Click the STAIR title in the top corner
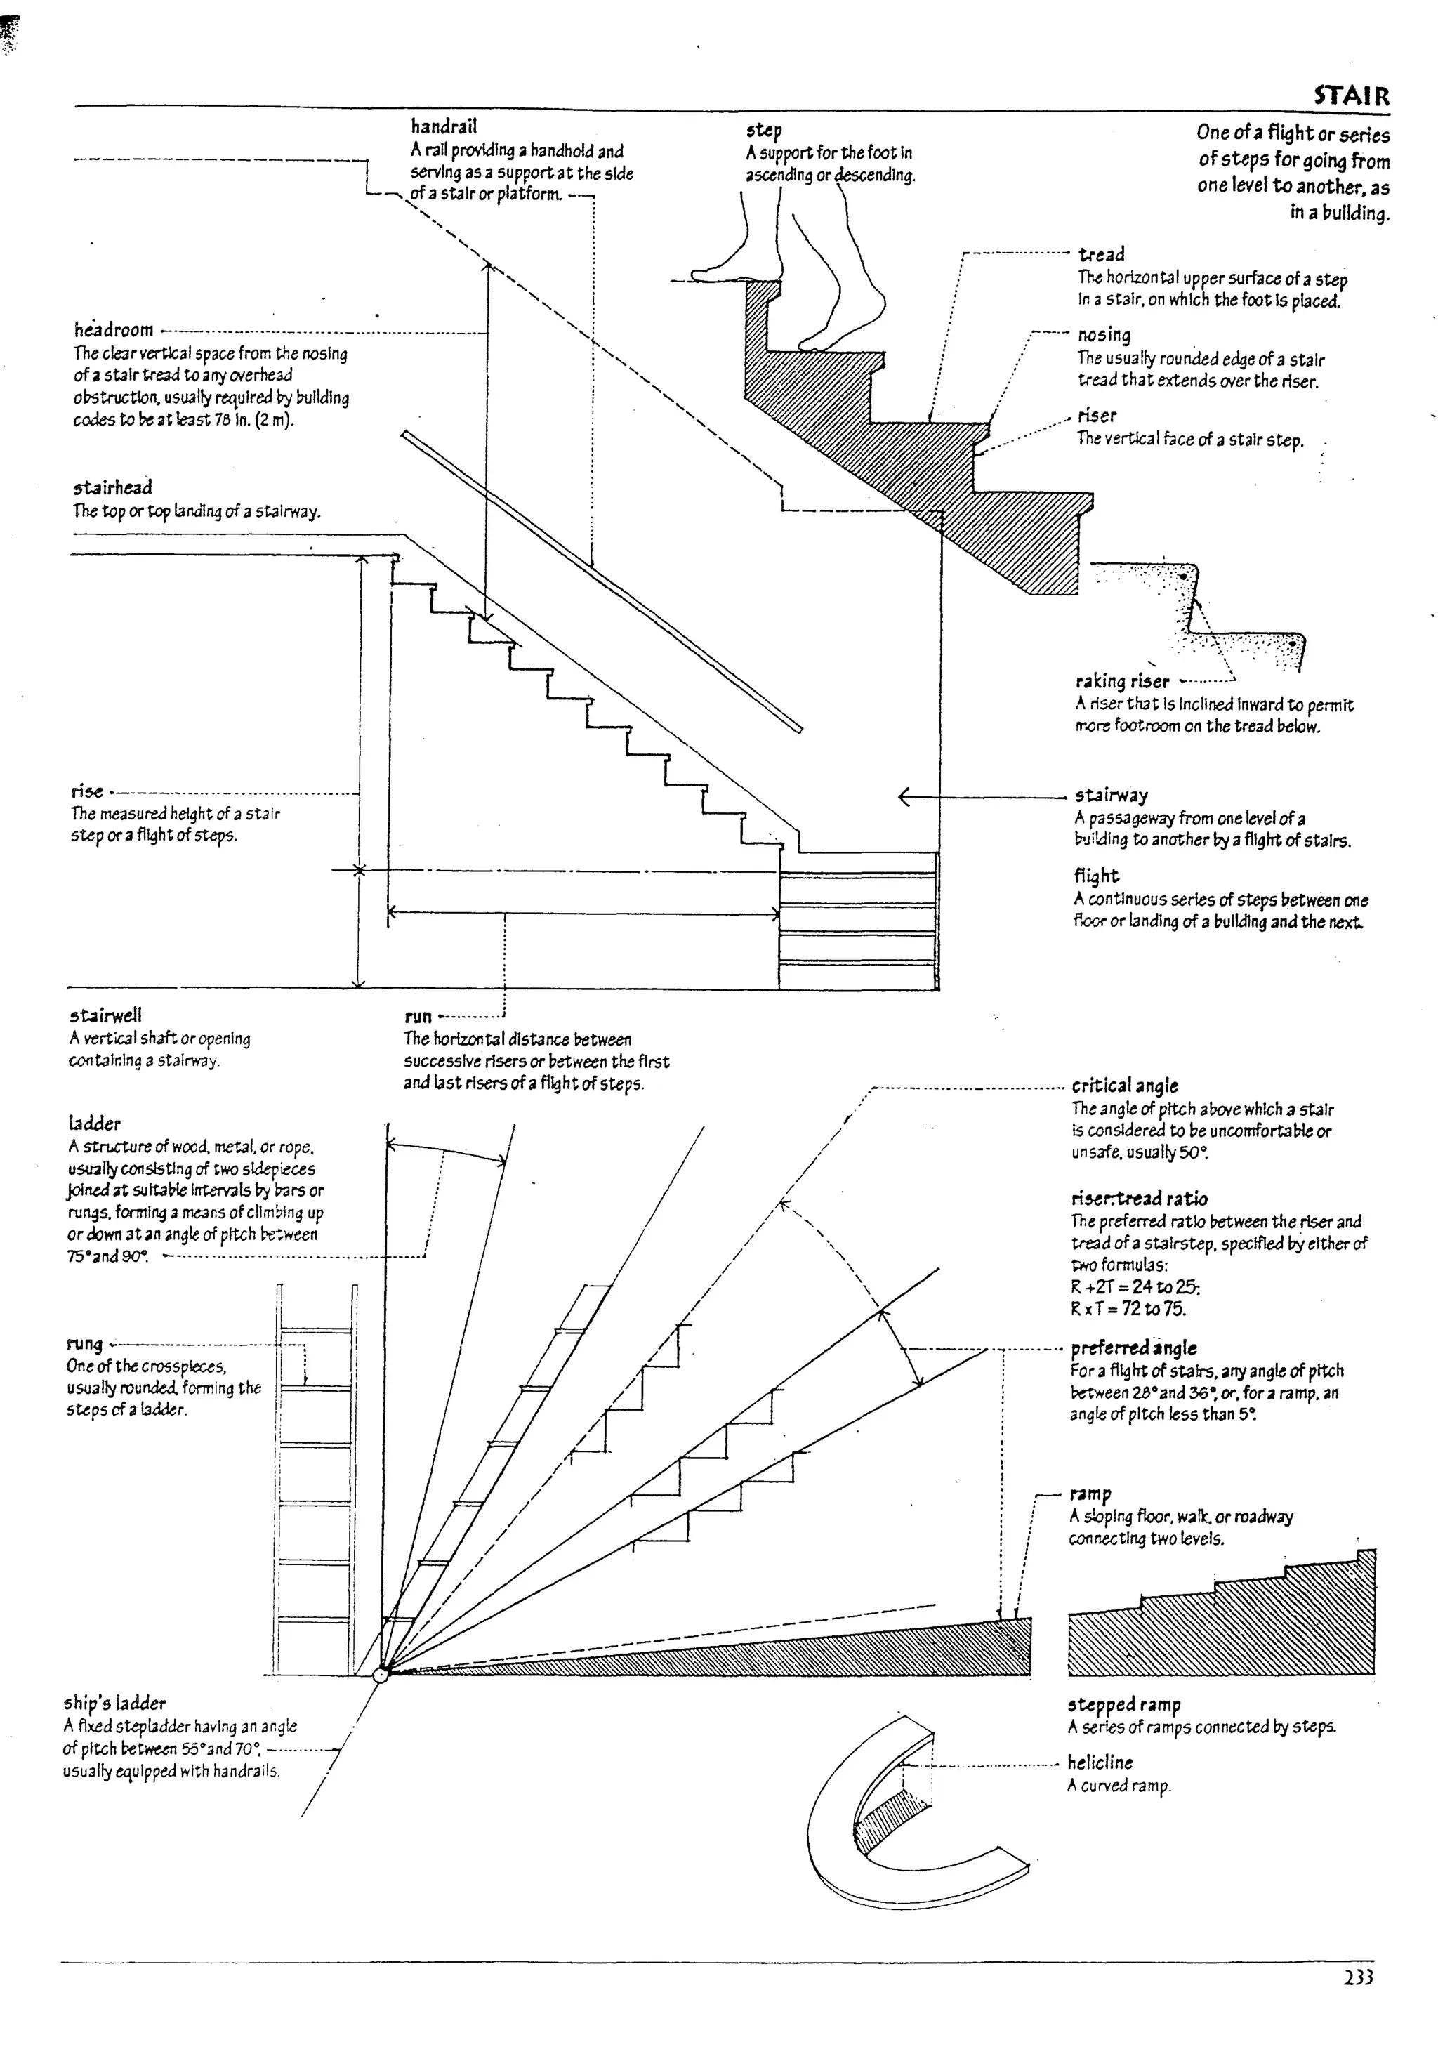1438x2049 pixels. click(x=1350, y=95)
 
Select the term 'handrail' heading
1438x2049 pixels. click(x=444, y=126)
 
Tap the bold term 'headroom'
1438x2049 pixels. click(x=113, y=330)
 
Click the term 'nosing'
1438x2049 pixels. click(x=1104, y=336)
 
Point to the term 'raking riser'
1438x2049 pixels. click(x=1122, y=682)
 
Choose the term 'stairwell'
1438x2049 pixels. click(x=105, y=1015)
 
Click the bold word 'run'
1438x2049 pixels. click(x=418, y=1017)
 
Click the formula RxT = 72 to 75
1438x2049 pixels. click(x=1128, y=1309)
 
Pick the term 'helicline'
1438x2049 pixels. click(x=1100, y=1763)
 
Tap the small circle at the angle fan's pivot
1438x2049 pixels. click(x=381, y=1675)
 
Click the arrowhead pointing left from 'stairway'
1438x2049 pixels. click(x=905, y=796)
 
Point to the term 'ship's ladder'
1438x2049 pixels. click(x=114, y=1703)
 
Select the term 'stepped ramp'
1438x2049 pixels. click(x=1124, y=1704)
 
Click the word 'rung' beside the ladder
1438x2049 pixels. click(x=85, y=1344)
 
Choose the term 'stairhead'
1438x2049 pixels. click(x=112, y=488)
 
